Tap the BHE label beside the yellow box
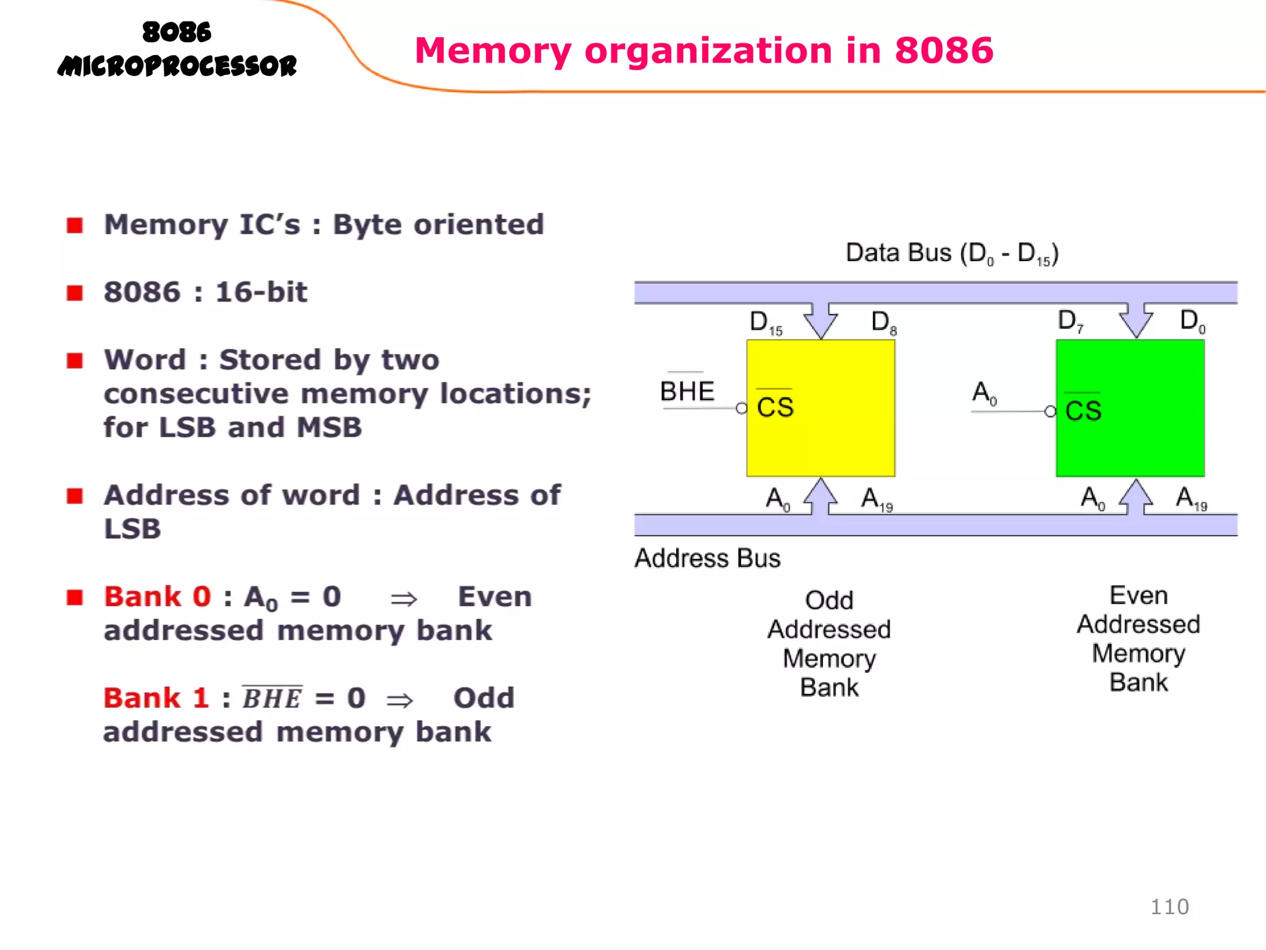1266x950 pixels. pos(687,391)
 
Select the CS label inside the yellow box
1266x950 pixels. pos(775,407)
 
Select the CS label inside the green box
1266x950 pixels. pos(1083,410)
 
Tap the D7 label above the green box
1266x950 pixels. pos(1070,321)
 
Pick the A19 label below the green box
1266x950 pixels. pos(1191,499)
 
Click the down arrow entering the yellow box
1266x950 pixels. pos(821,320)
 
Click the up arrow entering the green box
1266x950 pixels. pos(1136,497)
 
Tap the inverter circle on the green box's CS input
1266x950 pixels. pos(1050,411)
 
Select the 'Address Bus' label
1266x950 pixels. pos(707,558)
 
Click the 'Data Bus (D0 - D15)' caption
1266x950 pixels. pos(952,254)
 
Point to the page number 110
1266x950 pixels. pos(1169,907)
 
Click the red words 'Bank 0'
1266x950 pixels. pos(158,597)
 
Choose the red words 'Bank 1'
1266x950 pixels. pos(156,698)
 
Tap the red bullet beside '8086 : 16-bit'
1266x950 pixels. pos(75,293)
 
